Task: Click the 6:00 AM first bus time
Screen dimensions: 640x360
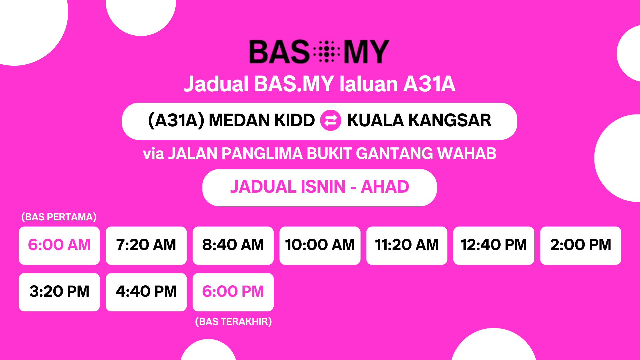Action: (x=59, y=246)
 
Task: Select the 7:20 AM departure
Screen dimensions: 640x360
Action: (x=146, y=246)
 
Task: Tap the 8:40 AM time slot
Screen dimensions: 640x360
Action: (x=233, y=246)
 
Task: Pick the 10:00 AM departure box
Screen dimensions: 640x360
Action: (x=320, y=246)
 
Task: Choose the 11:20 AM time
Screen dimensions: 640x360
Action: (x=407, y=246)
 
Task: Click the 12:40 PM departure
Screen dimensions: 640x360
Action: (x=494, y=246)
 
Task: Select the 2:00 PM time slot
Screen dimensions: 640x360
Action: (x=581, y=246)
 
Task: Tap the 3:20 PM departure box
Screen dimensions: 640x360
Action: (x=59, y=292)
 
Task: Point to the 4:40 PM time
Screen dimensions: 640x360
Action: (x=146, y=292)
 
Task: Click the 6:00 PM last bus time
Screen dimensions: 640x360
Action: (x=233, y=292)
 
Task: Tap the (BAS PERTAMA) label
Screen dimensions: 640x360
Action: (x=59, y=217)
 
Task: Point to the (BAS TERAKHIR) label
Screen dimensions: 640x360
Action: (x=233, y=322)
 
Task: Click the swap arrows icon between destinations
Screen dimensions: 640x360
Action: (x=331, y=120)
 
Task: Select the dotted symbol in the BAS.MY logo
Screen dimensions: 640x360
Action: (x=327, y=52)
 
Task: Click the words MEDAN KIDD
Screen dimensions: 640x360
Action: (x=262, y=120)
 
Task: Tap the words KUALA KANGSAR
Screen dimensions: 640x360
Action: (x=419, y=120)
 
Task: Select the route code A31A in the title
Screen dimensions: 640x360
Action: (x=429, y=84)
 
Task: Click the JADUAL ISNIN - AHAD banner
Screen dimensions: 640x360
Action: (x=320, y=187)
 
